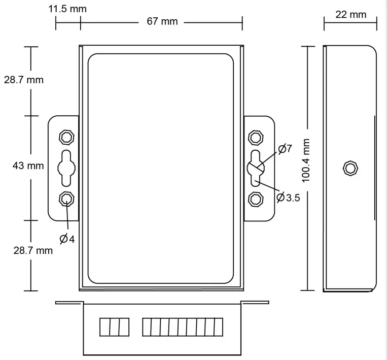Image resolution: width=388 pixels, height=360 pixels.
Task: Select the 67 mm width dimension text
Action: coord(162,21)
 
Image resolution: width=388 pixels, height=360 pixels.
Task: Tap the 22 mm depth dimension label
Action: coord(350,14)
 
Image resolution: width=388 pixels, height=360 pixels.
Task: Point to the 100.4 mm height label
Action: coord(305,161)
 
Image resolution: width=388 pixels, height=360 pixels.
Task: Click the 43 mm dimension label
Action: coord(28,166)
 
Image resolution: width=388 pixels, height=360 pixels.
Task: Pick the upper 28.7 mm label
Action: coord(24,80)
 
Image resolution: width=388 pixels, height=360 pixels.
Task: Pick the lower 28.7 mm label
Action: coord(32,250)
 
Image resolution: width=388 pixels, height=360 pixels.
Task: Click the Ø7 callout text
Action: coord(285,149)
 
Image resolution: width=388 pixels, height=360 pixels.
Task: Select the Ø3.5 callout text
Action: coord(289,198)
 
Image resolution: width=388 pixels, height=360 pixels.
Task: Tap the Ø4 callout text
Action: coord(67,239)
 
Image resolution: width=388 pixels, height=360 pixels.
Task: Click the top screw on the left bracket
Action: coord(66,137)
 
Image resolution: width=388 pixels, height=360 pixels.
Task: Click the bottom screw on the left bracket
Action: coord(66,199)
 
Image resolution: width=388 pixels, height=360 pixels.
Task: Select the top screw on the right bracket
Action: coord(256,137)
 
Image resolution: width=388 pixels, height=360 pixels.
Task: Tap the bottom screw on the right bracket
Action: coord(256,199)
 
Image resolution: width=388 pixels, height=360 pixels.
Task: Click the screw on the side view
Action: coord(349,168)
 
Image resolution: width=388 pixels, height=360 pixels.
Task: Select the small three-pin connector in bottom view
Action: coord(114,327)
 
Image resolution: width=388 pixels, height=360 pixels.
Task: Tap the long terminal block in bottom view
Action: coord(182,327)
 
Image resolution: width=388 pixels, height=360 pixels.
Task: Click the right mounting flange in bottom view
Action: coord(255,303)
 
